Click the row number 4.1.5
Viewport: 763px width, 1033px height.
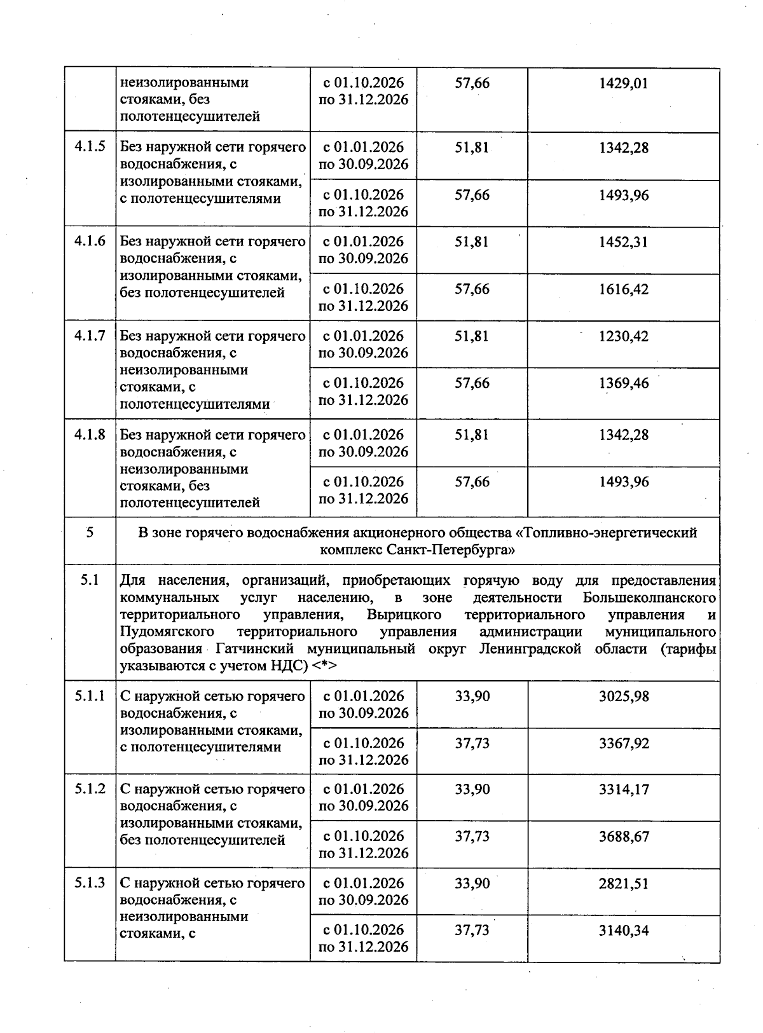90,147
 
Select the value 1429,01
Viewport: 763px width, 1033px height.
624,83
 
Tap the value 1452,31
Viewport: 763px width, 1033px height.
624,242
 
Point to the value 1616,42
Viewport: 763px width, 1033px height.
624,289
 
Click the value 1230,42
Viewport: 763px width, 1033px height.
624,336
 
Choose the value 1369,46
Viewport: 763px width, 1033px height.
624,383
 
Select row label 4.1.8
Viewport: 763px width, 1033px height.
90,435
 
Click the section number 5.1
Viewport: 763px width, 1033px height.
90,580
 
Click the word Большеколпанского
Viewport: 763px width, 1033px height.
649,598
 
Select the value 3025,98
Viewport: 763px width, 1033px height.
624,696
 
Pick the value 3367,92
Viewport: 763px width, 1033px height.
624,743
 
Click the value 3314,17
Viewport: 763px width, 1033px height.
624,790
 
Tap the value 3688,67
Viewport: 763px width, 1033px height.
624,837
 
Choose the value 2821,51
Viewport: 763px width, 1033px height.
624,884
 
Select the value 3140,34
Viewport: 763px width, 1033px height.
624,931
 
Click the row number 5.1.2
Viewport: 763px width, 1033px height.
90,790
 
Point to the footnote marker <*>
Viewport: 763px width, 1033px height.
324,666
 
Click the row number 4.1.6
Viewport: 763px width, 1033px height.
90,242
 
